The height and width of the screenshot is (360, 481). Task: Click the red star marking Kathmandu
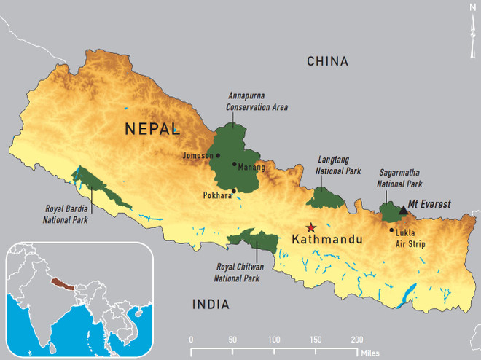(x=311, y=227)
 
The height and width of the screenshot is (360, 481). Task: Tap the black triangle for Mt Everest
(x=404, y=210)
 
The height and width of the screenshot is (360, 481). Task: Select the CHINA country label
(x=328, y=61)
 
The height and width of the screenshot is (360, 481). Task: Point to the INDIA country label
(x=211, y=305)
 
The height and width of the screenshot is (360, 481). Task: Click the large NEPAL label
(x=152, y=130)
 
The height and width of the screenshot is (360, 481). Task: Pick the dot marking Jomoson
(x=217, y=155)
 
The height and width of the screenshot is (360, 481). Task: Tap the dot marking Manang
(x=234, y=164)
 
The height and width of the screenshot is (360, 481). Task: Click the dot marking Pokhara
(x=233, y=192)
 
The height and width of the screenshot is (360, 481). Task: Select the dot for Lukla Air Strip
(x=391, y=230)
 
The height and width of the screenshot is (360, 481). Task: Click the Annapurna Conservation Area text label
(x=257, y=102)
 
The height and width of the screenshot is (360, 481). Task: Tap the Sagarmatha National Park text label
(x=399, y=179)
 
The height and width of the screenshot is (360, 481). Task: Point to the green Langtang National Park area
(x=326, y=197)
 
